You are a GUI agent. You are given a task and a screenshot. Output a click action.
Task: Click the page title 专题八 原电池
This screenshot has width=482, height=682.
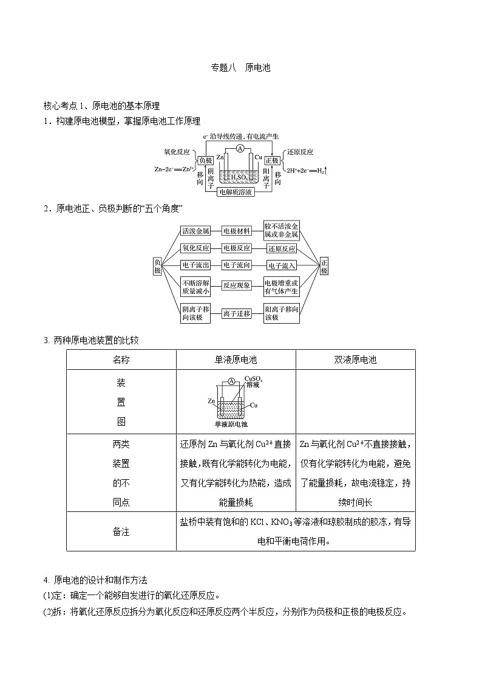click(240, 68)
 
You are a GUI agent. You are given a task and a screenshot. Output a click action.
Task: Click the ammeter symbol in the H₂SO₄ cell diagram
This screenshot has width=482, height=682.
click(240, 149)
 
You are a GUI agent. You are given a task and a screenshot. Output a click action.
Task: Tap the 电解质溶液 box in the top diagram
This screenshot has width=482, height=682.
click(236, 193)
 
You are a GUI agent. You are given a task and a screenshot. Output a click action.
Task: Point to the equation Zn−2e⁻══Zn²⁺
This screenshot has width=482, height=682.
click(174, 169)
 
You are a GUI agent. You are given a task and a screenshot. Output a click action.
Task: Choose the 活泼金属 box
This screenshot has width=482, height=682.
click(195, 231)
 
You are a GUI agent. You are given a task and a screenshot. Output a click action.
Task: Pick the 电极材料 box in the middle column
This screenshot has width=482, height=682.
click(236, 231)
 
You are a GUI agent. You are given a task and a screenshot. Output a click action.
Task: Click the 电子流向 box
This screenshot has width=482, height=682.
click(236, 265)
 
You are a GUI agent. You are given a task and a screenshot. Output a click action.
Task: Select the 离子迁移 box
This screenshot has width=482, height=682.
click(236, 313)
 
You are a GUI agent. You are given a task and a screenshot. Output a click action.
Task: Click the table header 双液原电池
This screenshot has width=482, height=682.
click(355, 360)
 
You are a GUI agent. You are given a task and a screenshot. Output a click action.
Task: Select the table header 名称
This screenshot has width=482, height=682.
click(121, 360)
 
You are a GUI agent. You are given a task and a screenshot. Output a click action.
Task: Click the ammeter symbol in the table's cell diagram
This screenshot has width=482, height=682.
click(231, 381)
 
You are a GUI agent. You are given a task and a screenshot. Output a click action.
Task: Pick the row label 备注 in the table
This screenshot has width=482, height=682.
click(121, 531)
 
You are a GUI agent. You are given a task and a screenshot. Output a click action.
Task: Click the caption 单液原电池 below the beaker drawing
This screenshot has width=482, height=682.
click(231, 424)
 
